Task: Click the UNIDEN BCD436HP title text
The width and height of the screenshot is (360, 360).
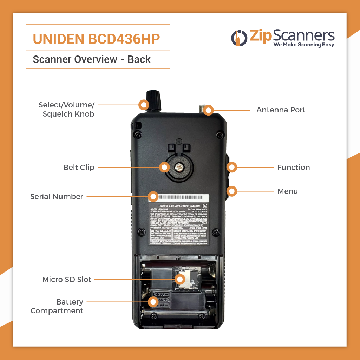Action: [x=96, y=39]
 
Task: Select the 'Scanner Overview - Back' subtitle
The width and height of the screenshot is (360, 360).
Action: [x=92, y=59]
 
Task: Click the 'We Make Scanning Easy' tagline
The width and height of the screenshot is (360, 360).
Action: [x=304, y=45]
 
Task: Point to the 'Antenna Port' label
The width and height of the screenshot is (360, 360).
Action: [x=281, y=110]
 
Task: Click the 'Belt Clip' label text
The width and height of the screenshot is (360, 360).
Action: [x=79, y=168]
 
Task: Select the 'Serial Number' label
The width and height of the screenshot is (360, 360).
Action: [x=57, y=197]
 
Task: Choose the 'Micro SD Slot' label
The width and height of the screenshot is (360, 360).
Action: [x=67, y=280]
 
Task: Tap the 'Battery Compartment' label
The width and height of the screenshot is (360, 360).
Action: [x=57, y=306]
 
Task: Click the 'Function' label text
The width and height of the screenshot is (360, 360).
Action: [x=293, y=168]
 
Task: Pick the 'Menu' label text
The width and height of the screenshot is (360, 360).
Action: [x=287, y=191]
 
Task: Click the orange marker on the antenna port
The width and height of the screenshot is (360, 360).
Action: [x=209, y=110]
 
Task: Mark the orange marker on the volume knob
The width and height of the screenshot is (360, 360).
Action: [x=143, y=104]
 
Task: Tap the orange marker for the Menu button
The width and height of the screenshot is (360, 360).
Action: [x=232, y=191]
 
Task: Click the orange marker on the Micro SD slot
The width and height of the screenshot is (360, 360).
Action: [x=180, y=280]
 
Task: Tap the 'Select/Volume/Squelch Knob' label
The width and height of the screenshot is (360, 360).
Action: [x=66, y=110]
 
